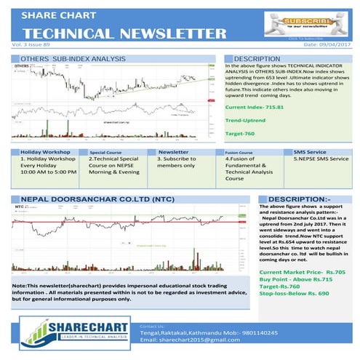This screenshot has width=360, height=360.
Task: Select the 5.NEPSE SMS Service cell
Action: (321, 159)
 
